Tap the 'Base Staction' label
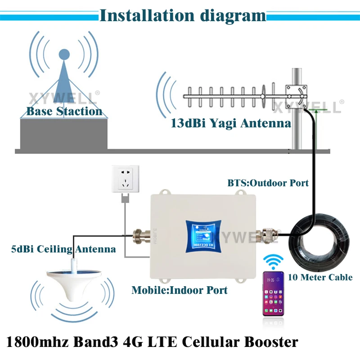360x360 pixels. pos(64,111)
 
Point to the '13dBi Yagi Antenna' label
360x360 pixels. pos(231,122)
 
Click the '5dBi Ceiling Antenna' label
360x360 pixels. pos(63,248)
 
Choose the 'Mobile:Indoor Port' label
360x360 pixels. pos(179,290)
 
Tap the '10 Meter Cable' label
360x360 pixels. pos(326,277)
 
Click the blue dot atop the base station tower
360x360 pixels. pos(64,54)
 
